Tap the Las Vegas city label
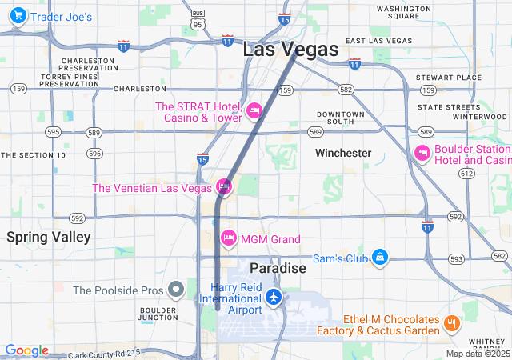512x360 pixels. (290, 50)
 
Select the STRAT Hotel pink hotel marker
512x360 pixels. (254, 110)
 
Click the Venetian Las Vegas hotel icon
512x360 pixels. (224, 188)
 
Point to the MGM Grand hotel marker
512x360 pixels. (229, 238)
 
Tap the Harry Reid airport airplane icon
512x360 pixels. (274, 298)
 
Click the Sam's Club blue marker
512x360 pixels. (382, 257)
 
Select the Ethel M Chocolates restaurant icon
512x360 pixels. (452, 323)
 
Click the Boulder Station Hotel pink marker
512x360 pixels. (422, 153)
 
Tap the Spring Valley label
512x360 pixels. (49, 237)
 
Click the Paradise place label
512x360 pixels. (278, 268)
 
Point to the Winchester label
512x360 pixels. (343, 153)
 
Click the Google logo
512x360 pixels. (26, 350)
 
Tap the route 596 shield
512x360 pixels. (95, 154)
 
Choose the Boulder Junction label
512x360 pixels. (158, 314)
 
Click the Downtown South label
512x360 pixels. (340, 118)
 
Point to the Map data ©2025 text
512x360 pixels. (478, 354)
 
